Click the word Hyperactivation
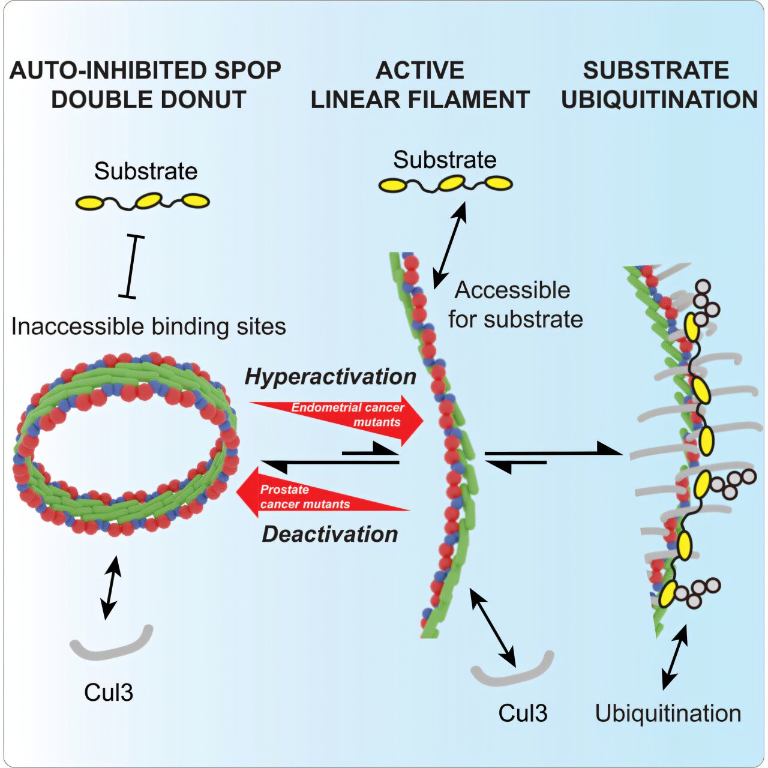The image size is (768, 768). coord(331,377)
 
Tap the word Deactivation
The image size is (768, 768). coord(330,534)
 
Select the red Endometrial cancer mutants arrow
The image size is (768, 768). coord(337,420)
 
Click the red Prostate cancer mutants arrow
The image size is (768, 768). coord(323,492)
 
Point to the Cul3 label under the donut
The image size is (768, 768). coord(109,692)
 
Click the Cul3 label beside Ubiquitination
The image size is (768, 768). coord(523,713)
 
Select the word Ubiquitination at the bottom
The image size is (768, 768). coord(668,713)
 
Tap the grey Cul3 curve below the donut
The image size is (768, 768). coord(111,646)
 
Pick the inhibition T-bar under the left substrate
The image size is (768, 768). coord(131,266)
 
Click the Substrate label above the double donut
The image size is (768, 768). coord(145,171)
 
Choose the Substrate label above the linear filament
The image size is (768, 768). coord(445,160)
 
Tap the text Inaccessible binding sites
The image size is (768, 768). coord(149,326)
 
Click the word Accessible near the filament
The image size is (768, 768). coord(512,290)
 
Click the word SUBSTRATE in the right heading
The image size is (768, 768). coord(656,70)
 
